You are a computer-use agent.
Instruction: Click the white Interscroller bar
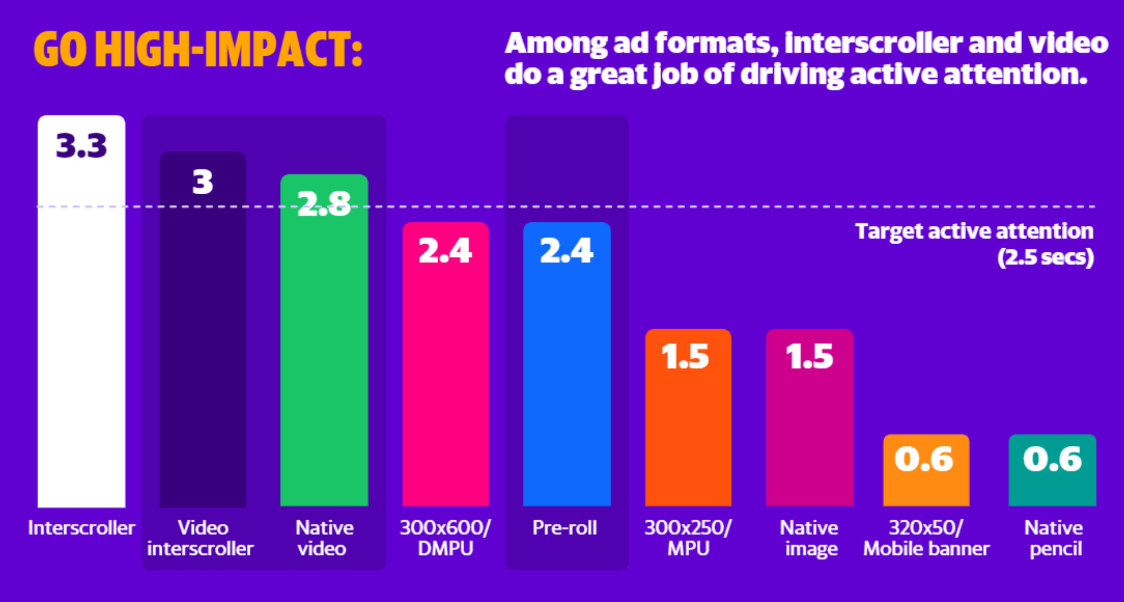(x=82, y=329)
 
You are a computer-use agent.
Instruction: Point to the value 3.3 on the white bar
(x=82, y=146)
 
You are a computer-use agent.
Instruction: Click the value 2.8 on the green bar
(x=324, y=204)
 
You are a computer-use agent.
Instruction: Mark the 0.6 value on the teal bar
(x=1052, y=459)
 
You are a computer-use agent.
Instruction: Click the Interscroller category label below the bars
(x=82, y=528)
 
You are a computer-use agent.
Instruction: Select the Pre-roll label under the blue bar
(x=565, y=528)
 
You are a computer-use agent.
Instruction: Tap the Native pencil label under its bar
(x=1054, y=538)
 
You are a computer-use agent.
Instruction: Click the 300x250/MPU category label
(x=688, y=538)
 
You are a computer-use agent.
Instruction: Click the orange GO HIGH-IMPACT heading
(x=198, y=49)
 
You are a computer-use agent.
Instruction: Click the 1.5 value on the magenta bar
(x=810, y=356)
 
